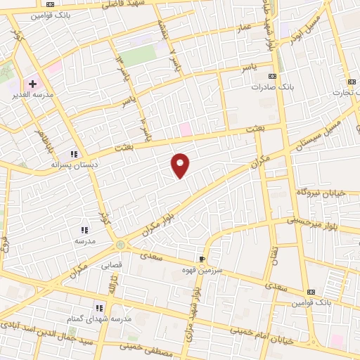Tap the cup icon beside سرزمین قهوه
click(x=202, y=259)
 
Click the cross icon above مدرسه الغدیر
click(x=33, y=84)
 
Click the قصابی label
click(x=112, y=266)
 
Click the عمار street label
click(x=243, y=27)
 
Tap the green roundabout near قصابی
click(x=120, y=245)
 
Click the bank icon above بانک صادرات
click(x=273, y=77)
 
